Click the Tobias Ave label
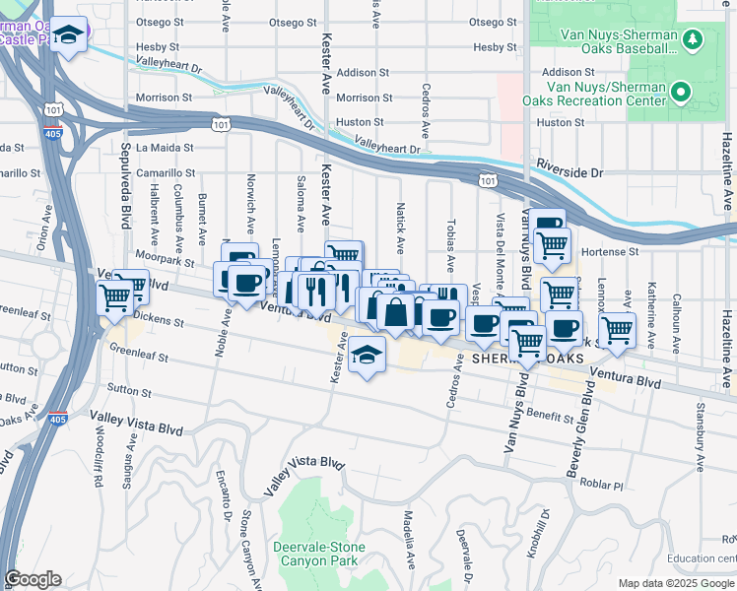(451, 245)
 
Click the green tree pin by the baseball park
(695, 39)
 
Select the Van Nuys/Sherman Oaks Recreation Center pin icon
(680, 94)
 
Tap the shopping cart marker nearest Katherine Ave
(618, 330)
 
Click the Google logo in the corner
(33, 579)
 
